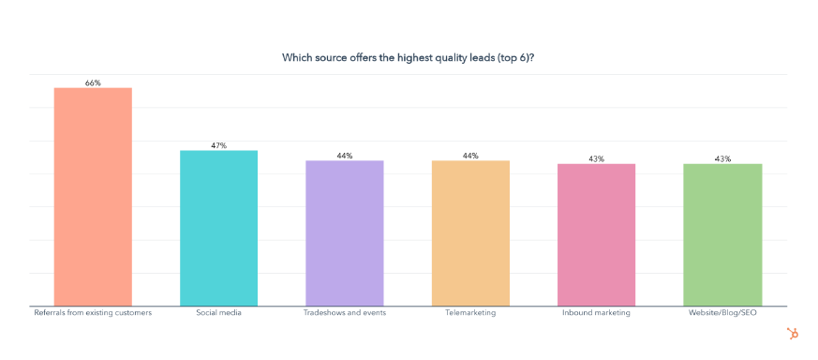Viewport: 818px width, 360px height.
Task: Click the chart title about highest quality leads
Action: (x=409, y=57)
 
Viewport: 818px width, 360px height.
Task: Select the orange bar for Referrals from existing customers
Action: (x=93, y=197)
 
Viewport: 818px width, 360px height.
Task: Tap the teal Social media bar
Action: (x=218, y=228)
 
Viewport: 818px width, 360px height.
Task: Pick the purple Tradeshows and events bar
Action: (x=344, y=233)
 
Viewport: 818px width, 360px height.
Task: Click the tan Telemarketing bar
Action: (x=470, y=233)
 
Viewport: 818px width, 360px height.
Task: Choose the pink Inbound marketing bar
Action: (x=596, y=235)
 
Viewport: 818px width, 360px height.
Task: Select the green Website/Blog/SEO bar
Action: (x=722, y=235)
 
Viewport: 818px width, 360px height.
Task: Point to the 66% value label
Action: (x=93, y=82)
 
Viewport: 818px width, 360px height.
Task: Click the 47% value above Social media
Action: (x=218, y=145)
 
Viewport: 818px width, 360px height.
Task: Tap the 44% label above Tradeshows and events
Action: (x=344, y=156)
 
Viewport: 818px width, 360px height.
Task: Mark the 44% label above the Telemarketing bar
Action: (x=470, y=156)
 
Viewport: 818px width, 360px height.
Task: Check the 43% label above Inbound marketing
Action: (x=596, y=158)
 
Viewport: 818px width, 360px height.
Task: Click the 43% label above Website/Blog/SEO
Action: (x=722, y=158)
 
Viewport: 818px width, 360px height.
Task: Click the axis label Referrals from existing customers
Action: (x=92, y=312)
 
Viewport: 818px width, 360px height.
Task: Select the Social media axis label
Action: (x=218, y=312)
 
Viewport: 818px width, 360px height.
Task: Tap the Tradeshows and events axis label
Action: (x=344, y=312)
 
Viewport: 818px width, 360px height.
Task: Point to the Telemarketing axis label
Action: (x=470, y=312)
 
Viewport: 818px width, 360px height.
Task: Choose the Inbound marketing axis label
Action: (x=596, y=312)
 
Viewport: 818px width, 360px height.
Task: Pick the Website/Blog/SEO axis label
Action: (x=722, y=312)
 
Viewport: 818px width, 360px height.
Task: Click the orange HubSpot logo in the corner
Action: (x=792, y=333)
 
